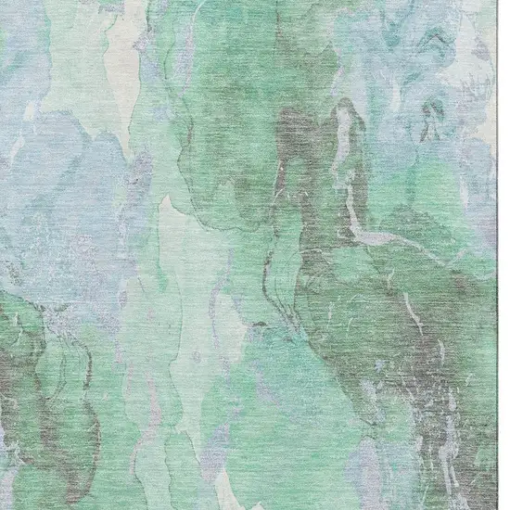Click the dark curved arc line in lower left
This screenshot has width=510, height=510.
coord(56,371)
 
